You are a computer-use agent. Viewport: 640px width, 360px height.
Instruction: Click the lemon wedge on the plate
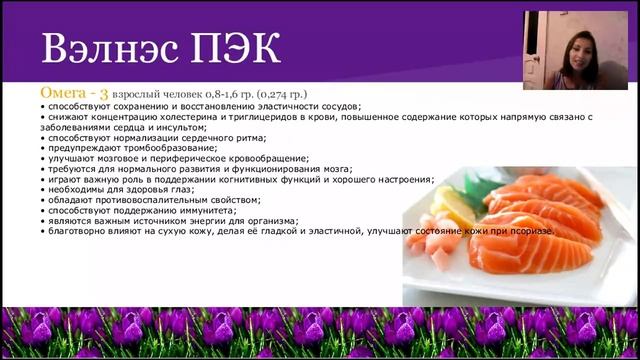(439, 206)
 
